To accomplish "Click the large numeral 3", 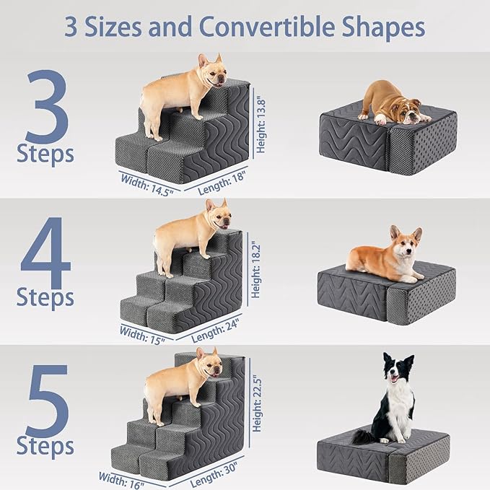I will coord(47,107).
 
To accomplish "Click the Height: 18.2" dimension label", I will coord(255,269).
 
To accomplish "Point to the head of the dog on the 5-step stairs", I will coord(209,364).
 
